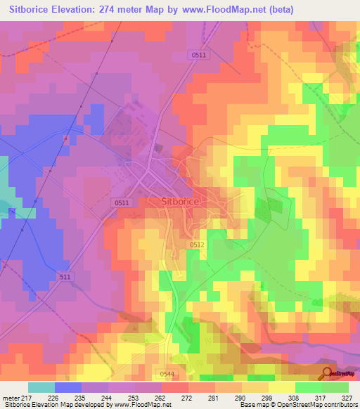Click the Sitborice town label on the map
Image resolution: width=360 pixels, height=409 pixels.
[x=181, y=201]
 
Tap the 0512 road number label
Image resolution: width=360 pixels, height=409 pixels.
[x=197, y=245]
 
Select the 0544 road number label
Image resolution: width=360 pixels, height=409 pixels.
[x=167, y=373]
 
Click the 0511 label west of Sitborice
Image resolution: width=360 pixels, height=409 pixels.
[x=122, y=202]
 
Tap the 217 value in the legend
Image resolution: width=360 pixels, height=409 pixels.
[x=28, y=399]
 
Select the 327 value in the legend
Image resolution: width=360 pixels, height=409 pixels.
[x=347, y=399]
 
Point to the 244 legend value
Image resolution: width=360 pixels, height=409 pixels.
[x=108, y=399]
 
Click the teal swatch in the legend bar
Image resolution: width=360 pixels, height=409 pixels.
[x=41, y=387]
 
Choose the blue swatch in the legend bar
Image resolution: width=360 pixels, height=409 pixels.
[x=68, y=387]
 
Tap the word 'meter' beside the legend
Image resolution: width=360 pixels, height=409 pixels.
[x=11, y=399]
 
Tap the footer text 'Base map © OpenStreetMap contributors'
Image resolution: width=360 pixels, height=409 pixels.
[x=297, y=405]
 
